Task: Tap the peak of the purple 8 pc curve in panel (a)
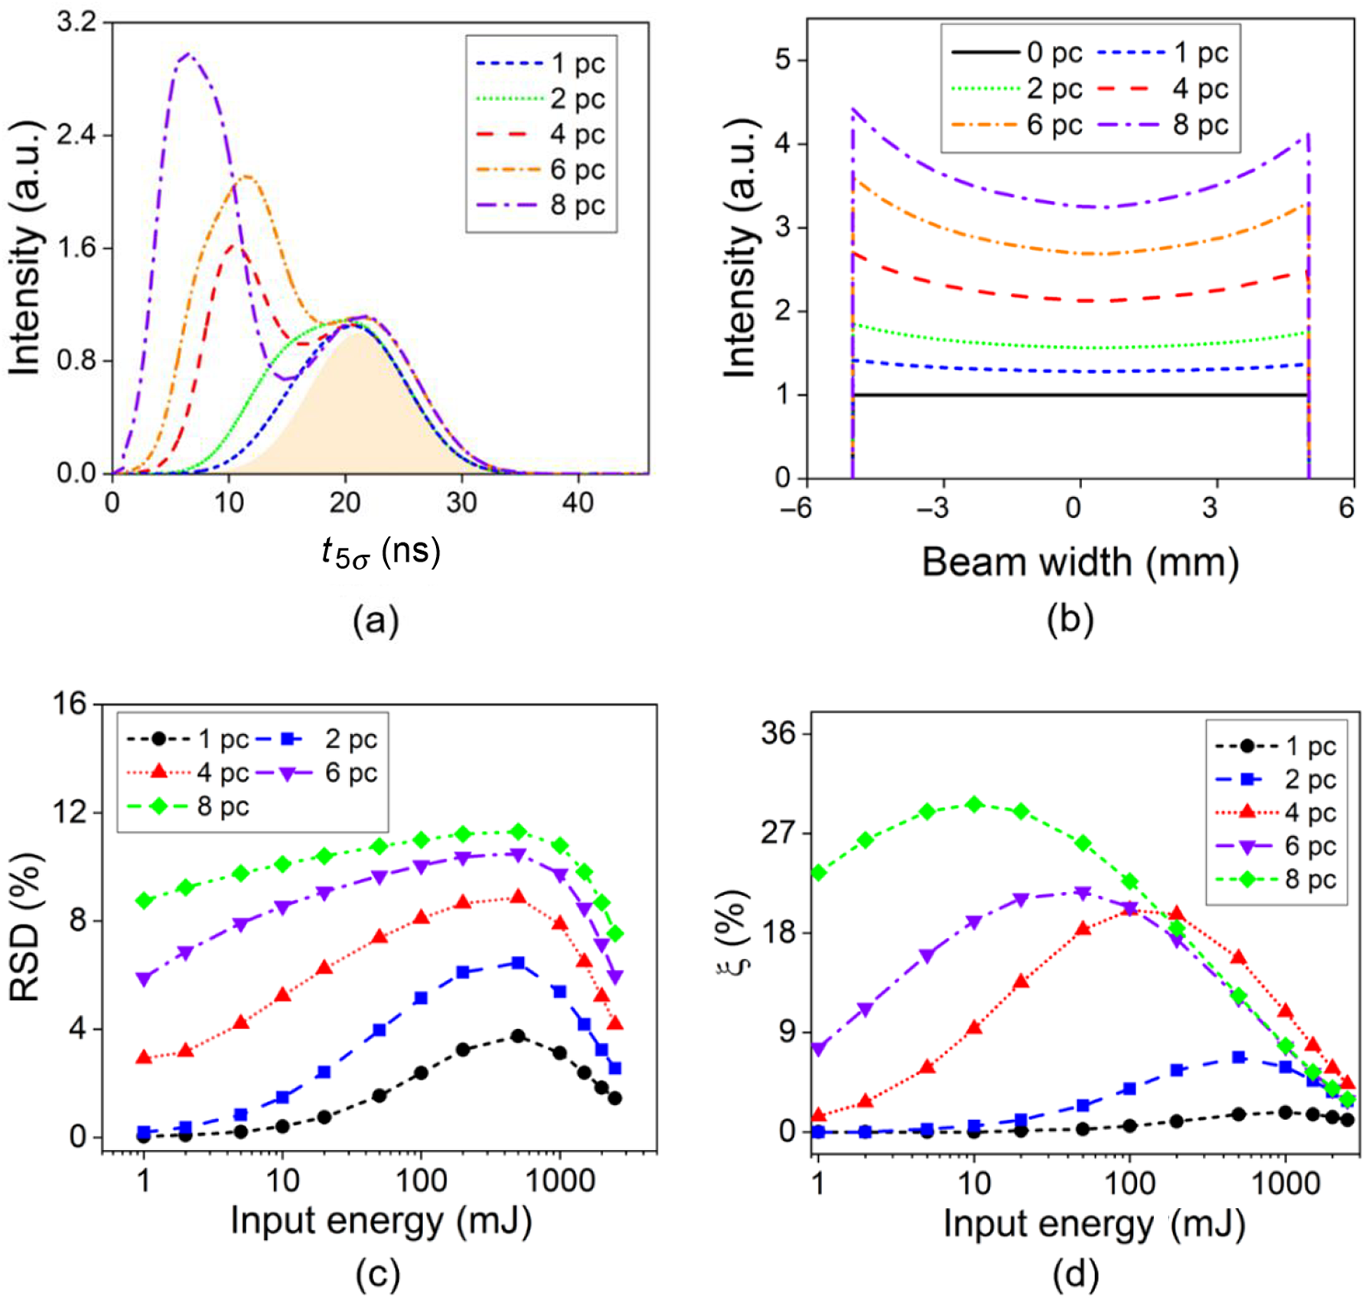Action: [x=187, y=54]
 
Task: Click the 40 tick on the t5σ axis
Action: [x=578, y=503]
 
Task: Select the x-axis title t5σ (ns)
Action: [x=380, y=552]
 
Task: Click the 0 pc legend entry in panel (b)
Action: [x=1017, y=52]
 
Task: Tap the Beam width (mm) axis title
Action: [x=1080, y=562]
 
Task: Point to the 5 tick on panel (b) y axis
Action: [x=783, y=60]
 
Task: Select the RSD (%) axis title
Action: [x=24, y=927]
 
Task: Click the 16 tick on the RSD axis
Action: [x=69, y=704]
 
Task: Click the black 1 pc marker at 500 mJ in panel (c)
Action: [x=518, y=1036]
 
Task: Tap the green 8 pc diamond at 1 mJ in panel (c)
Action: [x=144, y=900]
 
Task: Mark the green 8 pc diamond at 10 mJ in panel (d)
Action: [x=974, y=804]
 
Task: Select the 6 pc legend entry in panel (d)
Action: [x=1276, y=846]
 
